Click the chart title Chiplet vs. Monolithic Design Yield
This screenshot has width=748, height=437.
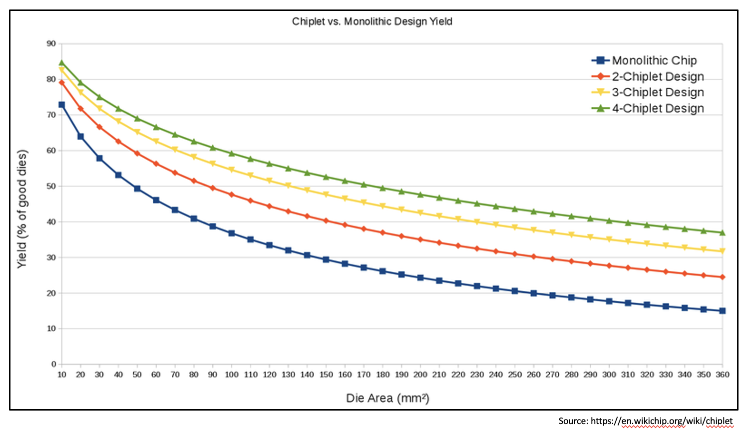click(x=372, y=21)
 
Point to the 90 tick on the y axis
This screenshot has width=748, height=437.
click(x=51, y=43)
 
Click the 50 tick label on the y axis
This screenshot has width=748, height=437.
click(x=51, y=186)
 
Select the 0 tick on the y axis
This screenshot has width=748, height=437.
click(x=53, y=364)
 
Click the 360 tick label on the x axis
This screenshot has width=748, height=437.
click(x=723, y=375)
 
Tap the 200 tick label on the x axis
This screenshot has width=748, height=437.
click(x=420, y=375)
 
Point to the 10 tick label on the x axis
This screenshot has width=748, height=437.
click(x=61, y=375)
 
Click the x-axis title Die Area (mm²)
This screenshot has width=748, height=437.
click(x=387, y=398)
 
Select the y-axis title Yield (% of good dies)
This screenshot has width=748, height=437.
click(x=22, y=209)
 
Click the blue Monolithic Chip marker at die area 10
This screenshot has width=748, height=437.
click(x=61, y=105)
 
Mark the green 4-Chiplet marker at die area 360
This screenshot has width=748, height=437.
click(x=723, y=232)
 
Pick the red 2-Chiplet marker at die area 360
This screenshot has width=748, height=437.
click(x=723, y=277)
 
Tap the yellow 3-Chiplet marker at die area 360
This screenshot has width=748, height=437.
click(x=723, y=251)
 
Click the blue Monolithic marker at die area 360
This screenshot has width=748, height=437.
click(x=723, y=311)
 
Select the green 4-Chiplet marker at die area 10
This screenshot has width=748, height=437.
click(x=61, y=63)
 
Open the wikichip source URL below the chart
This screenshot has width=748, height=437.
click(x=662, y=421)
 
